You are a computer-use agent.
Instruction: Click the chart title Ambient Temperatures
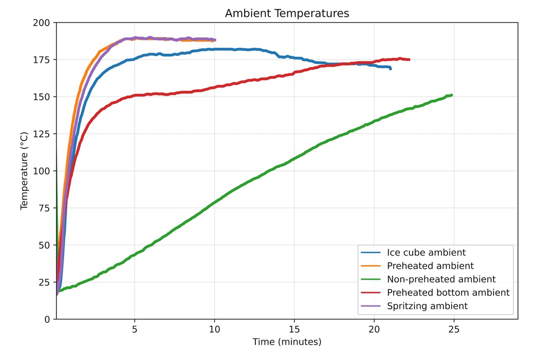click(287, 14)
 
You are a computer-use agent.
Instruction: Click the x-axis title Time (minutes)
click(287, 342)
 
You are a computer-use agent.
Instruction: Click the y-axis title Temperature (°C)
click(24, 171)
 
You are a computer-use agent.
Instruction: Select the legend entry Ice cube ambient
click(426, 252)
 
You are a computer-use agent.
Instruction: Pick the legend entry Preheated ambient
click(430, 266)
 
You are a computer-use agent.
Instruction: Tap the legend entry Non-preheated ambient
click(441, 279)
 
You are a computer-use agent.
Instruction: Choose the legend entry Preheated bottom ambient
click(448, 292)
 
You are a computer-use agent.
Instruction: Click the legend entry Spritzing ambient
click(427, 306)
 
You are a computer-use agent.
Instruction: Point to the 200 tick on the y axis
click(43, 23)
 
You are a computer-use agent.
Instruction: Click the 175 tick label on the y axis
click(43, 60)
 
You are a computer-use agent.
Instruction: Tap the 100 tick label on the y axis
click(43, 171)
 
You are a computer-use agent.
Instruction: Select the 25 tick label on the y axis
click(45, 282)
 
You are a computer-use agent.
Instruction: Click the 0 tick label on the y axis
click(48, 319)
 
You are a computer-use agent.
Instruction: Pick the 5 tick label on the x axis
click(135, 329)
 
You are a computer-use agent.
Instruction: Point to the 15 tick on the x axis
click(294, 329)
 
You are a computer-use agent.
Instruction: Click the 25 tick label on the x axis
click(454, 329)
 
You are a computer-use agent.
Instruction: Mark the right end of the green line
click(452, 95)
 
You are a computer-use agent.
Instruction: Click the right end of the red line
click(410, 59)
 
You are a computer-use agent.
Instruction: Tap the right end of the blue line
click(391, 69)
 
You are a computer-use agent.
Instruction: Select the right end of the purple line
click(216, 40)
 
